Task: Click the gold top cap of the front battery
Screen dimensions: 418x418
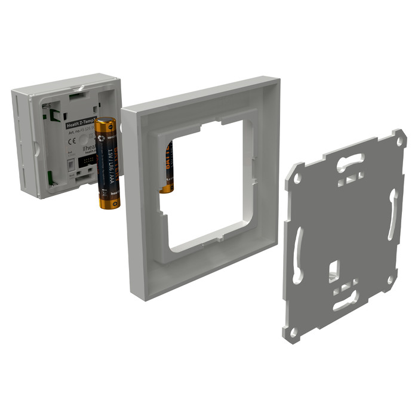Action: [107, 123]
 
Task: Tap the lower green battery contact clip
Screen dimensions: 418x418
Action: [51, 177]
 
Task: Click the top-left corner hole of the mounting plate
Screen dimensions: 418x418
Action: [297, 178]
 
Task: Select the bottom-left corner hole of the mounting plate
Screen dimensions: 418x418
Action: [294, 330]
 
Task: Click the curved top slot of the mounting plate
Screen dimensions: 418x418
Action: [352, 160]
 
